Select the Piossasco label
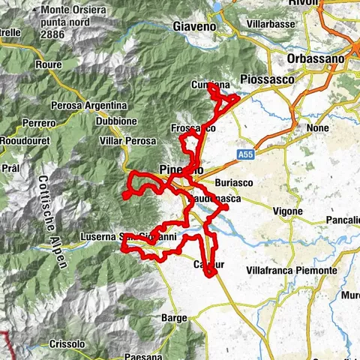261,78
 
